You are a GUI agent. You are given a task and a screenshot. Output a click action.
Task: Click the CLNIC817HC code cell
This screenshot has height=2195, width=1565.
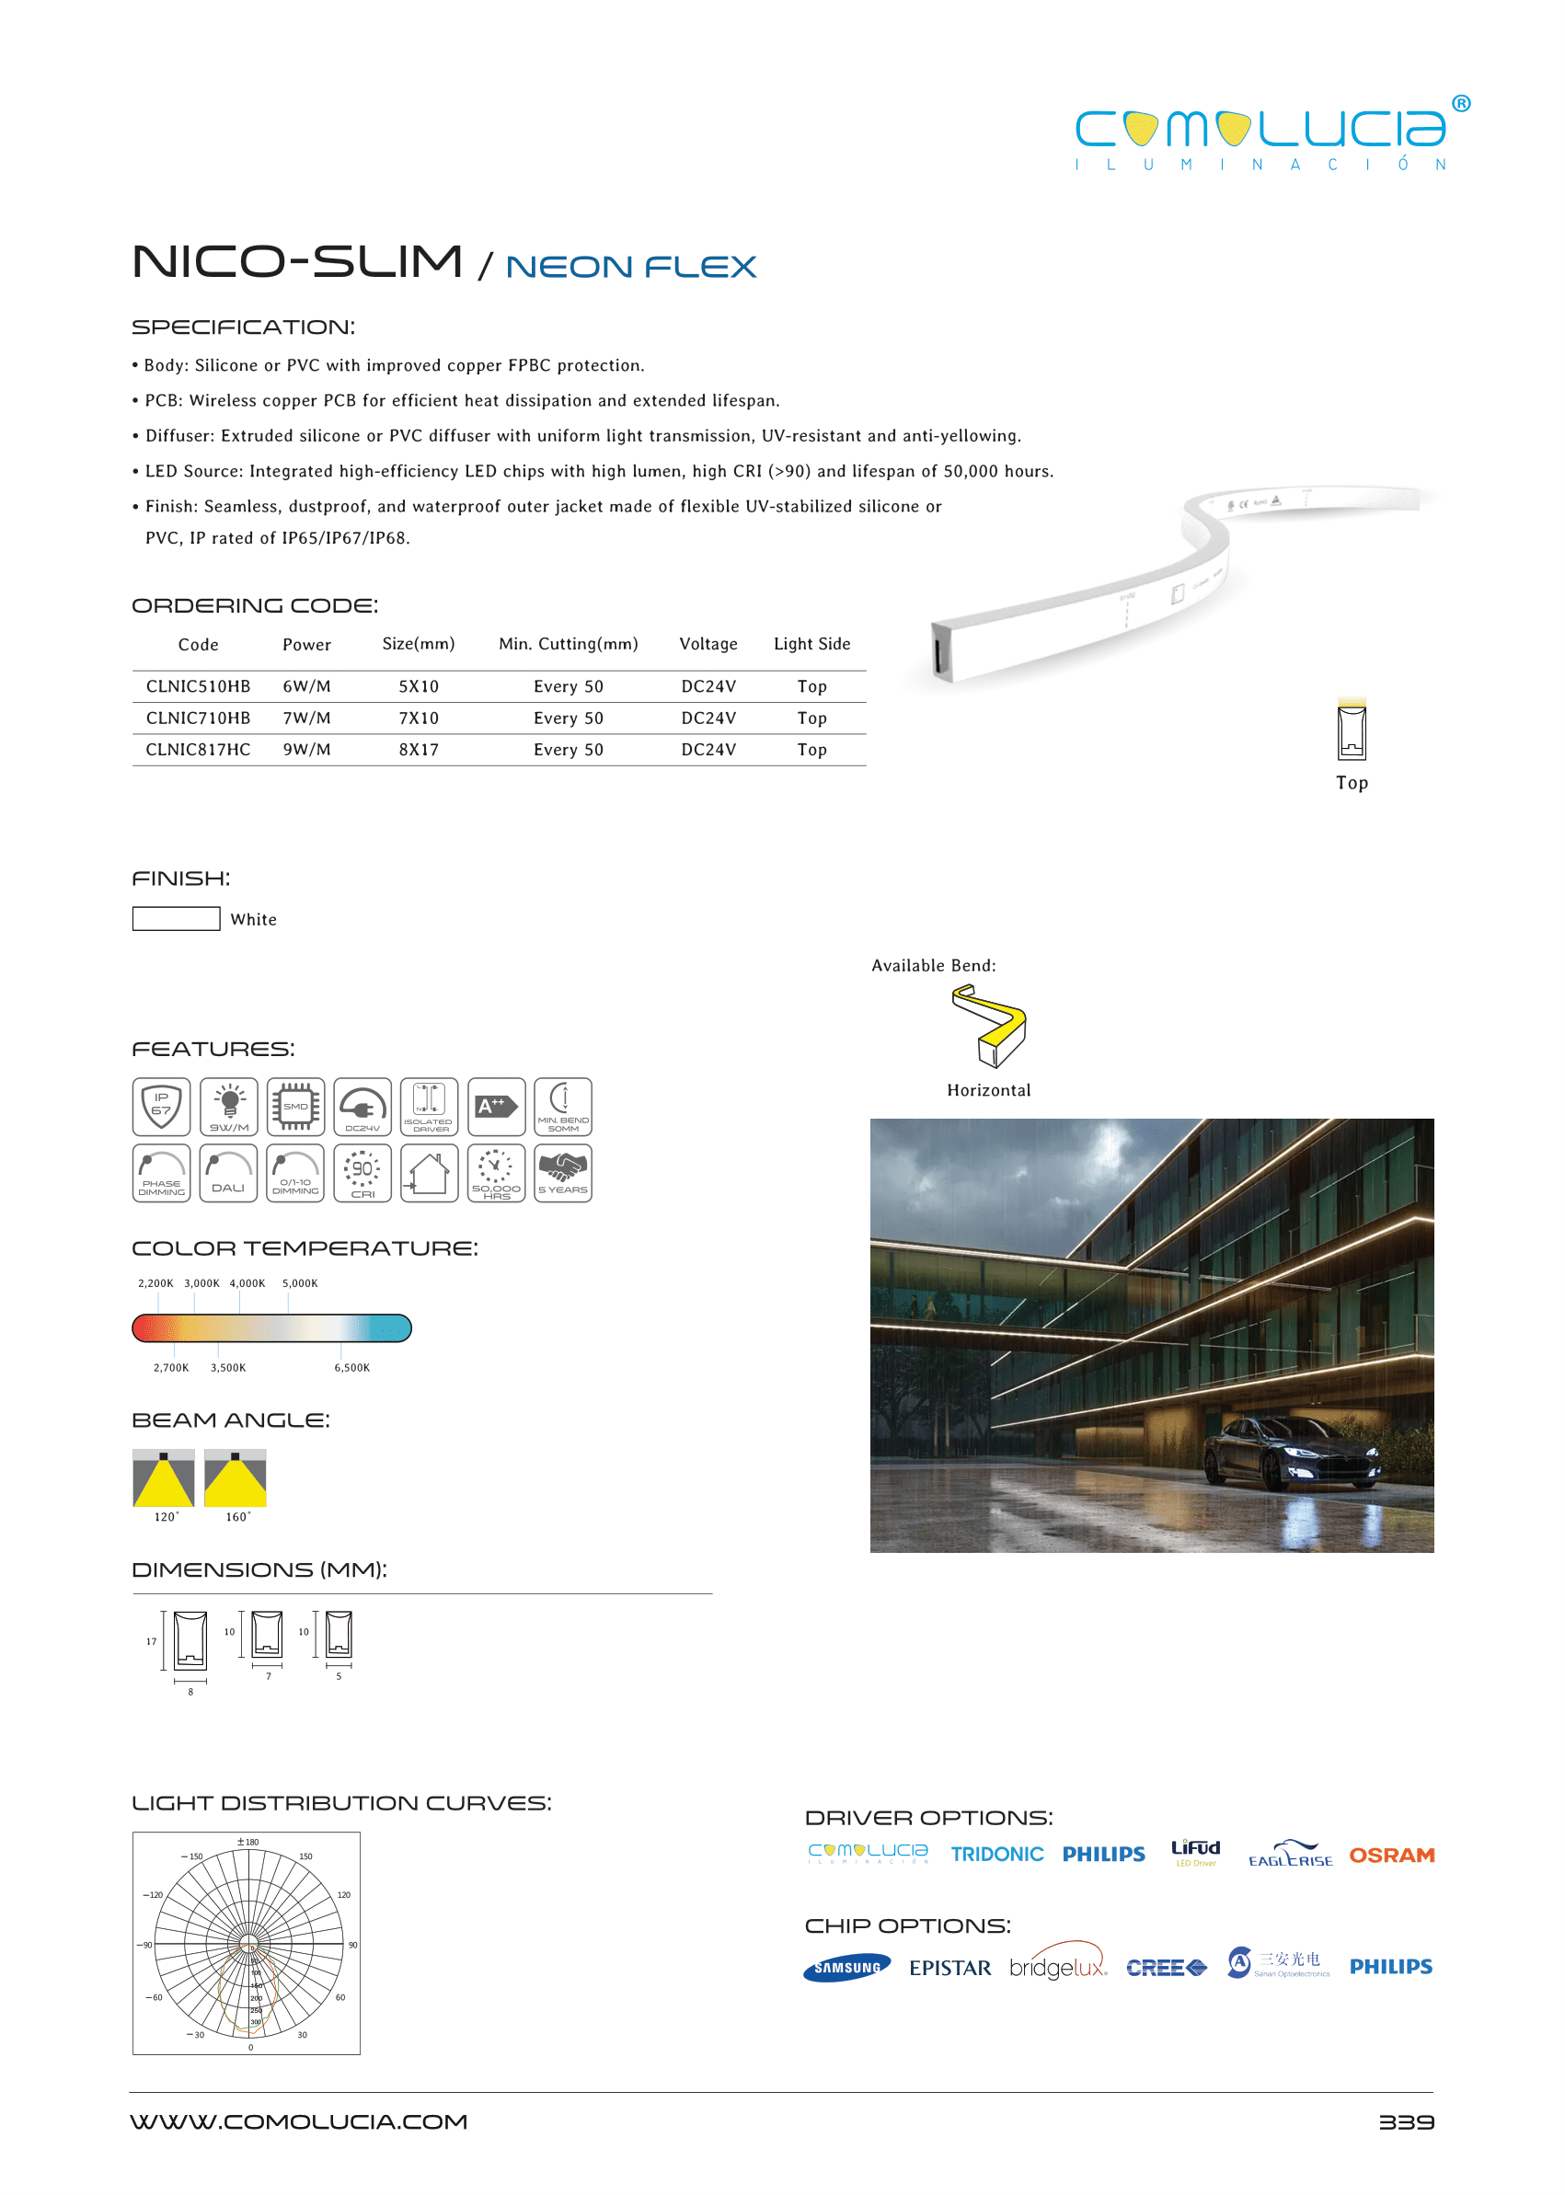pos(198,750)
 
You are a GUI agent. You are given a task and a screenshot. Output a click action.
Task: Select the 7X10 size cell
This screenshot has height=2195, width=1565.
pos(419,718)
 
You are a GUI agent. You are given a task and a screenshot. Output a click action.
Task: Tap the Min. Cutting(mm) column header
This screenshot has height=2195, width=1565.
pos(568,644)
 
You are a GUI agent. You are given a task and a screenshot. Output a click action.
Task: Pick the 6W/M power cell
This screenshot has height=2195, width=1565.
pos(306,686)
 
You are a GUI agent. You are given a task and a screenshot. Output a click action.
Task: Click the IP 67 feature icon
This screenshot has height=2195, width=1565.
pos(161,1106)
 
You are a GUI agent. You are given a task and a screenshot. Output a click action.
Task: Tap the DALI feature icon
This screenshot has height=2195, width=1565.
pos(228,1173)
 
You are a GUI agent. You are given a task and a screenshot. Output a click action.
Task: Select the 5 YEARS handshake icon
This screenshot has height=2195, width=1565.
pos(563,1173)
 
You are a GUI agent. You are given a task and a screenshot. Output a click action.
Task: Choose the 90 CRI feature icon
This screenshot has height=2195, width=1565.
pos(362,1173)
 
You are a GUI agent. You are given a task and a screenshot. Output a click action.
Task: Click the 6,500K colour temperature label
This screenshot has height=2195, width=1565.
pos(351,1367)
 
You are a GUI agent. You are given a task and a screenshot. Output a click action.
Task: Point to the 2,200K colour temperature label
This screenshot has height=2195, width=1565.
pos(155,1283)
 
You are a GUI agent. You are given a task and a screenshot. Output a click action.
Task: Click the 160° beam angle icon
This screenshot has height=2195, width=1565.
pos(236,1478)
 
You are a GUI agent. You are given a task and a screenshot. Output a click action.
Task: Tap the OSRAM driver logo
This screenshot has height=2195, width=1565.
pos(1390,1855)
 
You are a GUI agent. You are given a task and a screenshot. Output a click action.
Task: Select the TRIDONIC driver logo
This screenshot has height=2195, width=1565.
pos(996,1855)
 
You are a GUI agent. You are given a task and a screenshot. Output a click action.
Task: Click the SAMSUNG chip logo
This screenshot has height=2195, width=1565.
pos(846,1968)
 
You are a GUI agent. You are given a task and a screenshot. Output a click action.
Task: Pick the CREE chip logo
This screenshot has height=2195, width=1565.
pos(1165,1968)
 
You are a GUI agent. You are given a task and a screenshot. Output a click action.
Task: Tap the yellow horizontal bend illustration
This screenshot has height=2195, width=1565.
pos(989,1026)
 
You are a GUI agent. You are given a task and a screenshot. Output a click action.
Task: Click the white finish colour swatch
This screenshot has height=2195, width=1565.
pos(176,918)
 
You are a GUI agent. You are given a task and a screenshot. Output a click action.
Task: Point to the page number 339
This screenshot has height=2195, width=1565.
pos(1405,2121)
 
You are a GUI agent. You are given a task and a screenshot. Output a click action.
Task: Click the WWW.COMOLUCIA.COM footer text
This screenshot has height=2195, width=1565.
pos(299,2121)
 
